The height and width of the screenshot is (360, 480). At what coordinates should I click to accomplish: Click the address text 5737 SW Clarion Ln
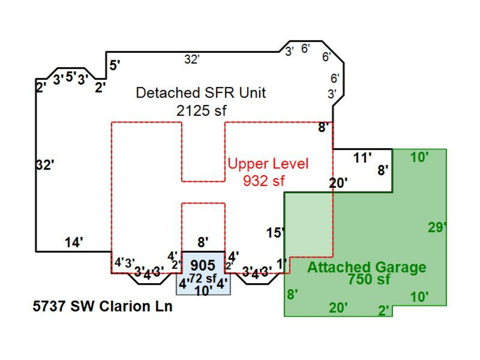pyautogui.click(x=102, y=307)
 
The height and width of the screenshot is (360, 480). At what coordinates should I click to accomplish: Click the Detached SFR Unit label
pyautogui.click(x=201, y=93)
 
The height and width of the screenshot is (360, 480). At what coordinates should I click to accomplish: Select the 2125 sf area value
pyautogui.click(x=202, y=110)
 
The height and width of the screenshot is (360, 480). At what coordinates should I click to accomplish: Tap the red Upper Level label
pyautogui.click(x=268, y=163)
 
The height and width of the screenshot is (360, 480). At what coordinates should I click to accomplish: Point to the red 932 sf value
pyautogui.click(x=263, y=181)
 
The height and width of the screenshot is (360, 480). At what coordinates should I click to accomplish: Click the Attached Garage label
pyautogui.click(x=366, y=268)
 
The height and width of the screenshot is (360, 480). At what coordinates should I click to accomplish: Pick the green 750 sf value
pyautogui.click(x=369, y=279)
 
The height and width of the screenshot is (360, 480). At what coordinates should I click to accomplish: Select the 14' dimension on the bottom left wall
pyautogui.click(x=74, y=243)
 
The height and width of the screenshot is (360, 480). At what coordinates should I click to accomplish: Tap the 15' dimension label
pyautogui.click(x=276, y=233)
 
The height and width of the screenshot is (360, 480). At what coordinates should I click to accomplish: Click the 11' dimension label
pyautogui.click(x=363, y=157)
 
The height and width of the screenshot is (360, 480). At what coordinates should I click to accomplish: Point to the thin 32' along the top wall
pyautogui.click(x=191, y=60)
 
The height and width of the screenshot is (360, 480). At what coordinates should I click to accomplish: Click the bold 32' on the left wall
pyautogui.click(x=45, y=165)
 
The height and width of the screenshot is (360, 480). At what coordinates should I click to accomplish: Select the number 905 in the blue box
pyautogui.click(x=203, y=265)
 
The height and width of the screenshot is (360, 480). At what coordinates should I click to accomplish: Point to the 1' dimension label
pyautogui.click(x=282, y=263)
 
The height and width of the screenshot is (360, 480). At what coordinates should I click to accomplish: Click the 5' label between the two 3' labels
pyautogui.click(x=71, y=77)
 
